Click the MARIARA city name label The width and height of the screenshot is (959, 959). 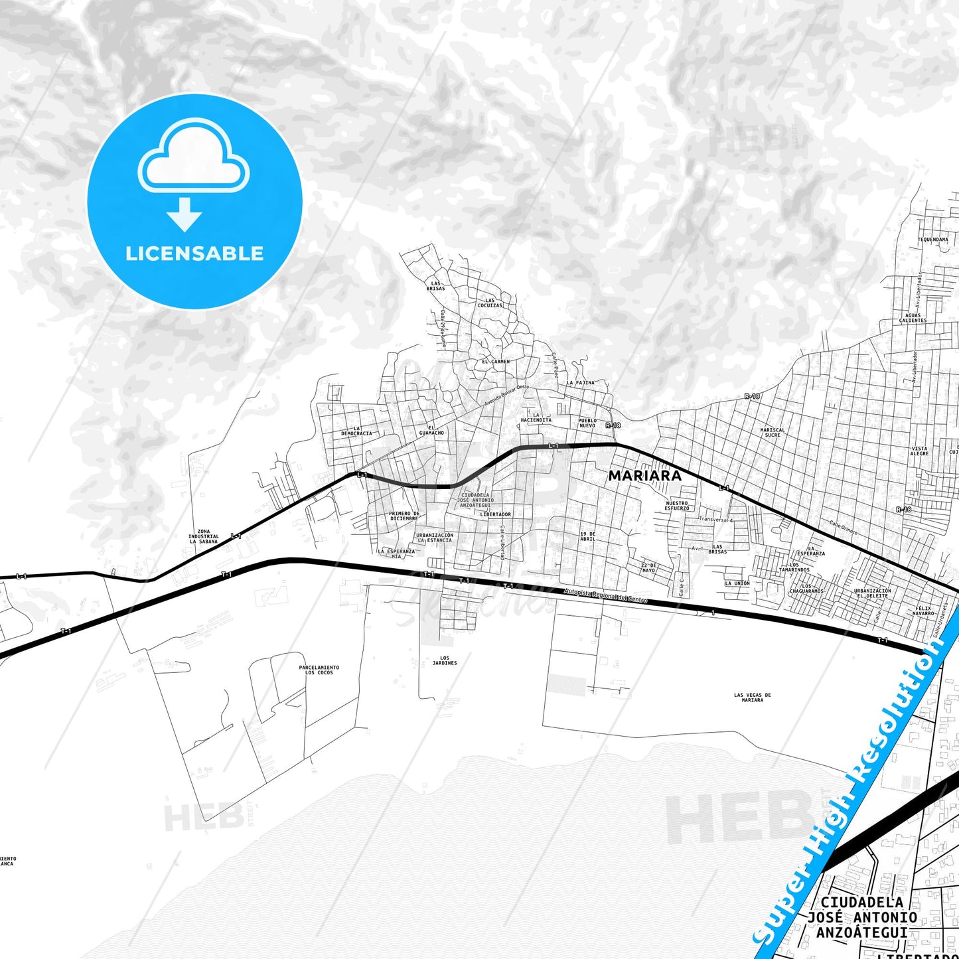click(644, 475)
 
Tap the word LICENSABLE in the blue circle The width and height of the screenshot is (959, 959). click(194, 254)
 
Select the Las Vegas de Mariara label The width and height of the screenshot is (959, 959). click(753, 698)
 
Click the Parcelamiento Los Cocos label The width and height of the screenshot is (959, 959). click(319, 670)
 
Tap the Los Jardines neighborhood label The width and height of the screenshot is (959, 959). click(445, 660)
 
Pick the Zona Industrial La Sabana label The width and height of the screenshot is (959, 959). click(203, 536)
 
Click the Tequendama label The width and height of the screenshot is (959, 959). click(932, 240)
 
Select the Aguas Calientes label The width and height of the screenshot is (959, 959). click(913, 318)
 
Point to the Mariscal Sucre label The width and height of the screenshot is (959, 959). click(773, 432)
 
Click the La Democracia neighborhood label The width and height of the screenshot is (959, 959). click(356, 431)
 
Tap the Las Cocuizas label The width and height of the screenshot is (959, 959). click(490, 303)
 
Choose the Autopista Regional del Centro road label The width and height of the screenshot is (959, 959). click(605, 595)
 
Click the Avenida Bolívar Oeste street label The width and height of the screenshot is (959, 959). click(506, 395)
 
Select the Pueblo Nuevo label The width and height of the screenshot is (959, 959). click(587, 423)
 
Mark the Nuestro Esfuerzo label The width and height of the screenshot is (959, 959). click(677, 506)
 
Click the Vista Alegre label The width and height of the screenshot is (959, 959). click(919, 451)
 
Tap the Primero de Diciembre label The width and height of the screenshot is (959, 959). click(404, 516)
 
